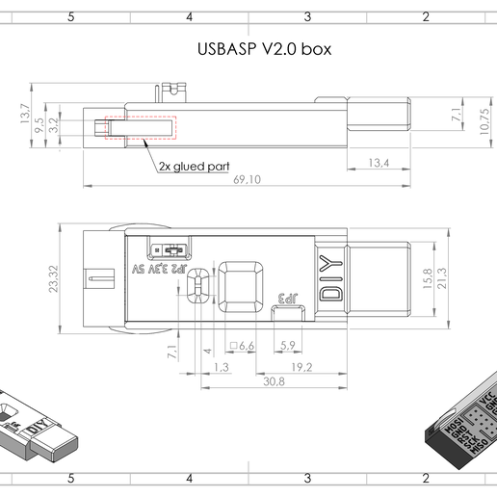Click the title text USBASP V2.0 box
264,49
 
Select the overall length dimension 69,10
247,179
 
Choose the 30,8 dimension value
274,381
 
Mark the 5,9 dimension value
286,345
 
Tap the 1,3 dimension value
221,366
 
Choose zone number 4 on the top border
189,16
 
